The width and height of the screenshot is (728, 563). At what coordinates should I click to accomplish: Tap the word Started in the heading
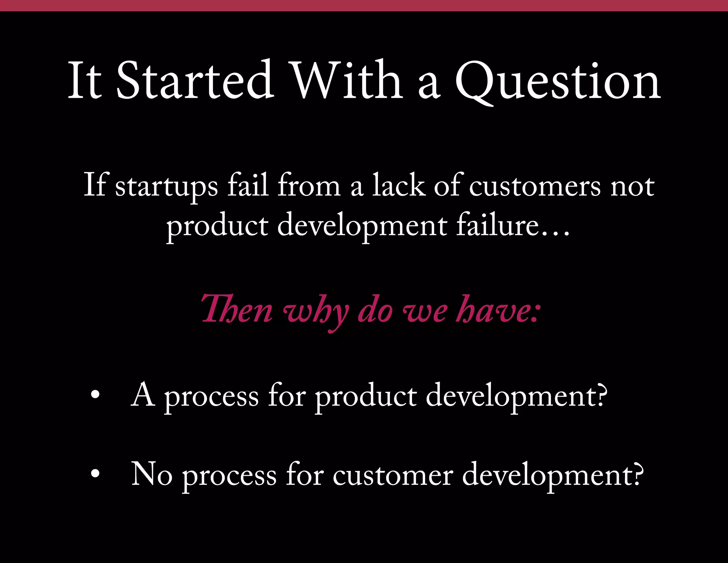(x=195, y=80)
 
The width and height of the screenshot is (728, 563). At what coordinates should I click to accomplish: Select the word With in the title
(x=347, y=80)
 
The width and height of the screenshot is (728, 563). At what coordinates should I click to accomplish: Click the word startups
(x=166, y=187)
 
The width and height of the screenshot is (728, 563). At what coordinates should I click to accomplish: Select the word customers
(x=535, y=187)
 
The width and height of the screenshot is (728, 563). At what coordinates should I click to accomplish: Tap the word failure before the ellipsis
(x=498, y=225)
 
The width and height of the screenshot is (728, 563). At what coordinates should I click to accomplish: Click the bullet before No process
(x=95, y=474)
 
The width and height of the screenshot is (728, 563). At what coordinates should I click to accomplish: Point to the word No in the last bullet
(x=152, y=474)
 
